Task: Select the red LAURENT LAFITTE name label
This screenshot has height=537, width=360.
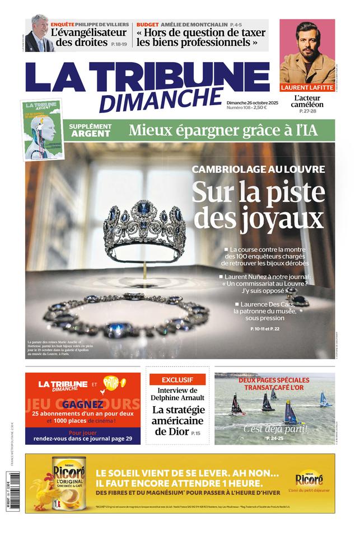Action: pyautogui.click(x=307, y=88)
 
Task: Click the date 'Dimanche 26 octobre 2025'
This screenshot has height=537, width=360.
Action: pyautogui.click(x=252, y=102)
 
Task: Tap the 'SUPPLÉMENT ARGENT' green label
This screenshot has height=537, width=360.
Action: pyautogui.click(x=90, y=130)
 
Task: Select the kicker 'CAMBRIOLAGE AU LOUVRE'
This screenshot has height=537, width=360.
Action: pyautogui.click(x=258, y=169)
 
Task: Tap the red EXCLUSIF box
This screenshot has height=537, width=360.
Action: pyautogui.click(x=177, y=379)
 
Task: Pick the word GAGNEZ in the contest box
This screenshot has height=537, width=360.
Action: pyautogui.click(x=82, y=404)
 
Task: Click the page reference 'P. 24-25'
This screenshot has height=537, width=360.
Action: pyautogui.click(x=275, y=437)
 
